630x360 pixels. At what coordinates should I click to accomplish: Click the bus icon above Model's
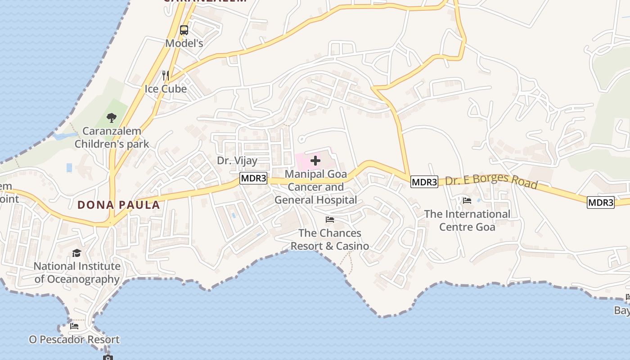click(x=184, y=30)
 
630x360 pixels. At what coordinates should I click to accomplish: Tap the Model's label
click(x=184, y=43)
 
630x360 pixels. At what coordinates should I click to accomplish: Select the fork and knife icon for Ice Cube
click(x=166, y=75)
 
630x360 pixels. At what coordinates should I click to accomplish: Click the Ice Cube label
click(x=166, y=89)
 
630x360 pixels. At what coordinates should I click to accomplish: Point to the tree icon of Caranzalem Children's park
click(x=112, y=118)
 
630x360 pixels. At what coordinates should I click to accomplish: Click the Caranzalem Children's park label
click(x=112, y=138)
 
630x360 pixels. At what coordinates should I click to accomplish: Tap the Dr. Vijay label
click(x=237, y=161)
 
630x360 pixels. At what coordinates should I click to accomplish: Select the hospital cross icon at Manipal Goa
click(x=315, y=160)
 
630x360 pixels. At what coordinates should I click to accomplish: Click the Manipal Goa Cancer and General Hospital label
click(x=316, y=187)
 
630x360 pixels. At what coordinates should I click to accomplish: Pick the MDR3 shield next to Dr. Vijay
click(x=253, y=178)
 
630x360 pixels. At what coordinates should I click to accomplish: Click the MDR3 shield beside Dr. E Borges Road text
click(x=424, y=182)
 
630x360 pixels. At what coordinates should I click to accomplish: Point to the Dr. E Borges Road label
click(x=491, y=180)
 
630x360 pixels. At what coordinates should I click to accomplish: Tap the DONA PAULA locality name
click(x=119, y=205)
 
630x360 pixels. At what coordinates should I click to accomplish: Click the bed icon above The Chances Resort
click(x=330, y=220)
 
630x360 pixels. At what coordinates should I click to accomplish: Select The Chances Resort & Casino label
click(x=330, y=239)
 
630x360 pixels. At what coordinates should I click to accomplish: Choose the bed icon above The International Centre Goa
click(x=467, y=201)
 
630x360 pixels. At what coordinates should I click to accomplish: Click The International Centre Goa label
click(x=467, y=220)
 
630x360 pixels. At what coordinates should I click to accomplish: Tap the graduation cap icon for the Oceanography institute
click(x=77, y=253)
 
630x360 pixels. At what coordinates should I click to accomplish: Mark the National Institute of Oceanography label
click(x=77, y=273)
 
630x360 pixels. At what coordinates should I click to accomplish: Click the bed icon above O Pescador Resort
click(x=74, y=326)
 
